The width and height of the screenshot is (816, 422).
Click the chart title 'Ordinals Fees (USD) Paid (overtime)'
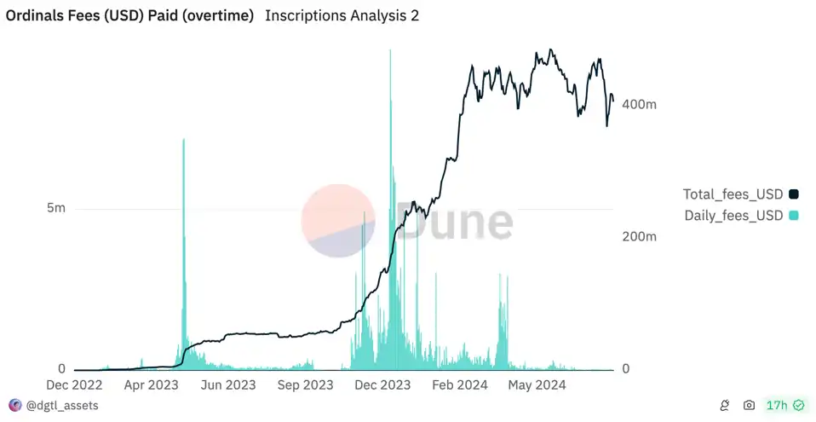click(x=130, y=16)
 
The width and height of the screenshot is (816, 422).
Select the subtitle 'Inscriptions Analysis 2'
click(x=342, y=16)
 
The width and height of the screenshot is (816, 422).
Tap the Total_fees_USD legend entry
click(x=733, y=194)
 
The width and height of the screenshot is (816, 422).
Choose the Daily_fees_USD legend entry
click(x=733, y=216)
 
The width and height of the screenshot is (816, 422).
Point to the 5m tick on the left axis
click(x=55, y=209)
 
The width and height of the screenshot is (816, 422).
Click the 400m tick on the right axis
click(x=640, y=104)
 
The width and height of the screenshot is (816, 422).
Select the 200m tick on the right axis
click(x=640, y=236)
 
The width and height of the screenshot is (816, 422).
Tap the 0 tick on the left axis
click(x=61, y=369)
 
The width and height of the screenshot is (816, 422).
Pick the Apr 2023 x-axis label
click(x=151, y=385)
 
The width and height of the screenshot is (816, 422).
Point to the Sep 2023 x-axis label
click(x=305, y=385)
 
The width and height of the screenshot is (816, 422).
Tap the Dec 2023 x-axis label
click(x=382, y=385)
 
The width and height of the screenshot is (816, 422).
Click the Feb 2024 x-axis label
click(x=460, y=385)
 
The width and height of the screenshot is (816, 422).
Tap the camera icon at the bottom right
click(x=749, y=406)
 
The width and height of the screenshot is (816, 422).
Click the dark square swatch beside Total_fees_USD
click(x=794, y=194)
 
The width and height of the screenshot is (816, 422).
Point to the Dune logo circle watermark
click(x=337, y=221)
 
